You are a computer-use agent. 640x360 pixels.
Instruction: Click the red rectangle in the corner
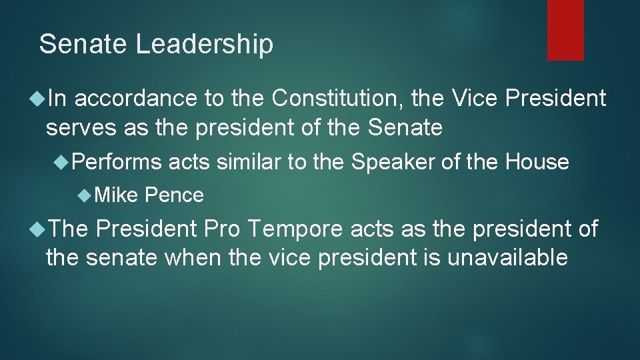pos(565,30)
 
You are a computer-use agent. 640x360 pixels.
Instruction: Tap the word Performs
pos(117,162)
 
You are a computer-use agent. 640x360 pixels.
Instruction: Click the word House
pos(537,162)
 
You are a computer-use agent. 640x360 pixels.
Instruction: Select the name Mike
pos(116,195)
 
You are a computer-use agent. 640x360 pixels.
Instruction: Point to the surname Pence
pos(174,195)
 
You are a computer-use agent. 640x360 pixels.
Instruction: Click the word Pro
pos(224,229)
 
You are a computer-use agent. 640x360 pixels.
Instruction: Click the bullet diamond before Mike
pos(84,195)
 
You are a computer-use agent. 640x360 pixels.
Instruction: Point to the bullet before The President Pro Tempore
pos(37,229)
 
